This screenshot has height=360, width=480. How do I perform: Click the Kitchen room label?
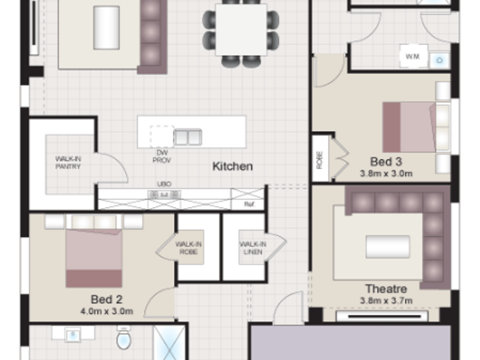pos(233,167)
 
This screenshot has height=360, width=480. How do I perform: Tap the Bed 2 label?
pos(107,299)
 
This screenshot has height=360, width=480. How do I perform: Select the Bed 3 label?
pos(386,161)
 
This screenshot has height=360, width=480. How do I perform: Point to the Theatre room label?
pos(386,289)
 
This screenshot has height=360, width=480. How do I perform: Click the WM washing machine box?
pos(413,56)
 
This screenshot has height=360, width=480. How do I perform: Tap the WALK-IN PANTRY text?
pos(68,163)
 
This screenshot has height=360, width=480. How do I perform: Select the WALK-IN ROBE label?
pos(188,248)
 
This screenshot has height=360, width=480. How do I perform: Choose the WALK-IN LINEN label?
pos(253,248)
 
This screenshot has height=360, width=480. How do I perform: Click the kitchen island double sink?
pos(188,137)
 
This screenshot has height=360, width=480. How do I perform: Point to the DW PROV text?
pos(161,157)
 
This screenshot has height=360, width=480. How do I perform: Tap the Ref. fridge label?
pos(249,204)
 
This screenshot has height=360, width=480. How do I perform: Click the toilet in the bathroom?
pos(124,338)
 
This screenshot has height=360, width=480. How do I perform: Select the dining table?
pos(241,29)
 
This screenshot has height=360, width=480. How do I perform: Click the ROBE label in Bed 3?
pos(320,160)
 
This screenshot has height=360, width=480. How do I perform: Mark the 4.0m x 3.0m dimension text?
pos(107,311)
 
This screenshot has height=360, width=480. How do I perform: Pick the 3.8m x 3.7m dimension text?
pos(386,301)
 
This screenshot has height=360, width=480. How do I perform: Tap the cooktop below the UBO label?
pos(164,194)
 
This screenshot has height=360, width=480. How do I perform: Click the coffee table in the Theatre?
pos(388,247)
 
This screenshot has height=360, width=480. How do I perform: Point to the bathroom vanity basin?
pos(73,335)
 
